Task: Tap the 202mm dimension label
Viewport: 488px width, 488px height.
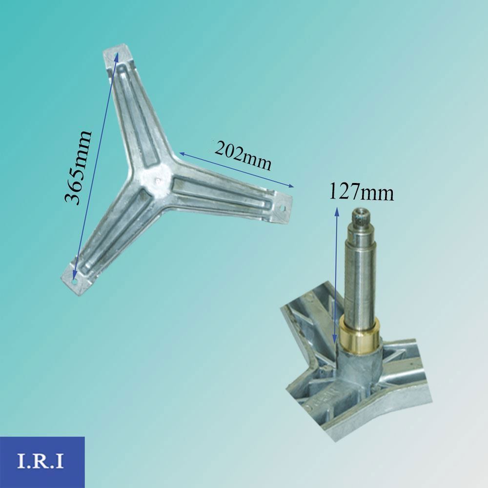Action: point(243,155)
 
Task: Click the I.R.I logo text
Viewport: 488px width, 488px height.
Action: point(41,461)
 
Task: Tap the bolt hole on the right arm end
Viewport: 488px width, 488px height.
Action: point(283,208)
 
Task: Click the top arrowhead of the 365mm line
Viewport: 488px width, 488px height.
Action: point(117,55)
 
